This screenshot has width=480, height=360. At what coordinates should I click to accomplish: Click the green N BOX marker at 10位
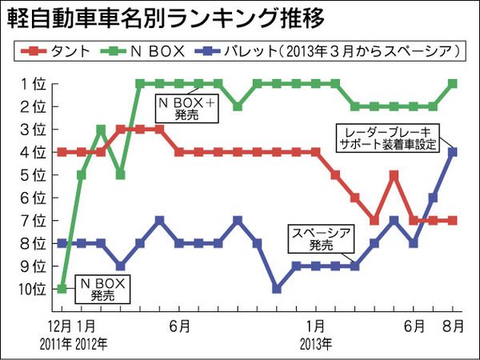point(62,288)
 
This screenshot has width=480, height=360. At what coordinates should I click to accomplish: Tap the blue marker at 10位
point(277,288)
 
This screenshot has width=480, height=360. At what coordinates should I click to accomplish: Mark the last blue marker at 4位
point(453,151)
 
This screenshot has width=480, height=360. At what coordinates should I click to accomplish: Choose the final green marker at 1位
point(453,83)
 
